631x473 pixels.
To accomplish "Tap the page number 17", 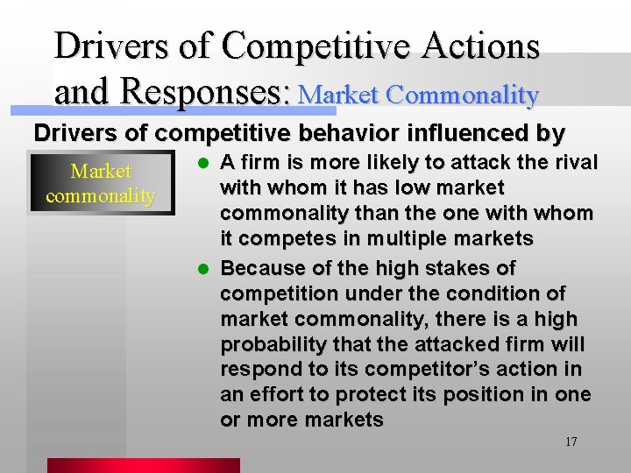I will [571, 441].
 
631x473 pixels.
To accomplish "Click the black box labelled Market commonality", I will [101, 183].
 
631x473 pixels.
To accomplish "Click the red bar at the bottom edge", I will [143, 465].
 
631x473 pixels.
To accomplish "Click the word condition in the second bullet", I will [497, 293].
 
